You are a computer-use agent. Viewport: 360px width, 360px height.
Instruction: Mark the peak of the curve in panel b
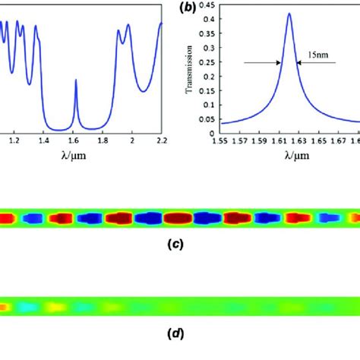pyautogui.click(x=289, y=13)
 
